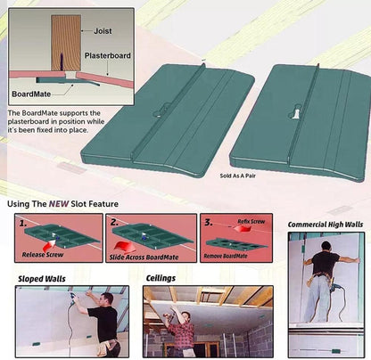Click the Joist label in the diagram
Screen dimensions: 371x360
pos(103,31)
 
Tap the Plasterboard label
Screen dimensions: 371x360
pos(108,55)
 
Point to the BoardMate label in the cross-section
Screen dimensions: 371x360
pos(31,94)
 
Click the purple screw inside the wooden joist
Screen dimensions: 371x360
pos(62,61)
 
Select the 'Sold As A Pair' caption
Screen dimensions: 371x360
pos(238,176)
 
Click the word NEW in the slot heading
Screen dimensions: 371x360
pos(59,204)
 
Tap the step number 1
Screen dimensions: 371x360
pos(23,224)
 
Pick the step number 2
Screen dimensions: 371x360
pos(114,222)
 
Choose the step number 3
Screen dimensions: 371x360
pos(209,222)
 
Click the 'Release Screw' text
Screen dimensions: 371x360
pos(43,255)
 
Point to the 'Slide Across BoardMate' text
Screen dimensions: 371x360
pos(144,258)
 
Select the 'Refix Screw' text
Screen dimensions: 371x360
pos(251,221)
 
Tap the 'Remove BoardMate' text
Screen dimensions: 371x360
pos(226,256)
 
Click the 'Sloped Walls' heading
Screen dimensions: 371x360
pos(42,279)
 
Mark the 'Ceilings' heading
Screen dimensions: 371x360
pos(161,278)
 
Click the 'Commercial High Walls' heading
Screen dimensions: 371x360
pos(326,225)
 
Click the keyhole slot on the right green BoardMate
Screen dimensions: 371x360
pos(296,113)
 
